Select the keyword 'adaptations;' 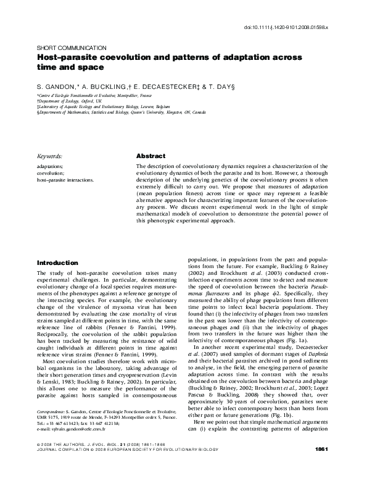pyautogui.click(x=51, y=167)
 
